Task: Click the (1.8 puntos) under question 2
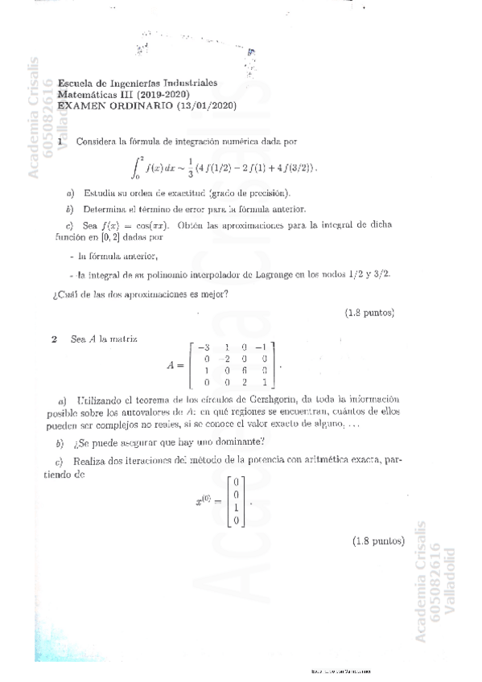click(x=377, y=540)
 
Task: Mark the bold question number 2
click(x=54, y=339)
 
